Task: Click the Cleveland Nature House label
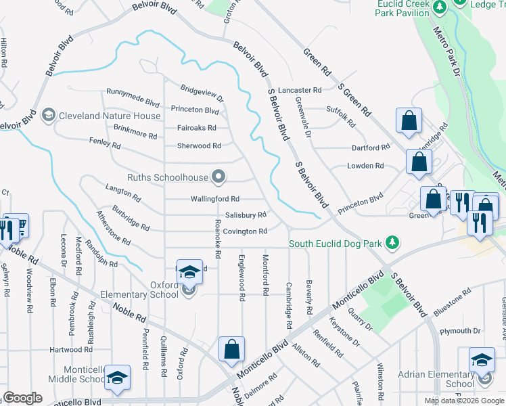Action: tap(110, 116)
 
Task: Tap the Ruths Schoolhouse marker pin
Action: tap(218, 177)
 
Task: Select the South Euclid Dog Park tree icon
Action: tap(392, 242)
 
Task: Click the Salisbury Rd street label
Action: tap(246, 215)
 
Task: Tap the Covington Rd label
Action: tap(246, 231)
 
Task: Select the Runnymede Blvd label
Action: tap(133, 93)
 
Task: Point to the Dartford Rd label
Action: tap(371, 148)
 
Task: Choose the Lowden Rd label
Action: tap(365, 166)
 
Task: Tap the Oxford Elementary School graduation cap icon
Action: tap(190, 271)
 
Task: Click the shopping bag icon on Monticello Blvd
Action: tap(231, 350)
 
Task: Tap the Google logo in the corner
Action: tap(22, 398)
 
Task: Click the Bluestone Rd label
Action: tap(452, 300)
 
